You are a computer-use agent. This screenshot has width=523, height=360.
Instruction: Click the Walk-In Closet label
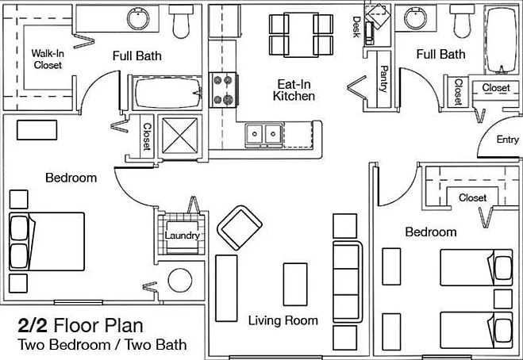tap(48, 59)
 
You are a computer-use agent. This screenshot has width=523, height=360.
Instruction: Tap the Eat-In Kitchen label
tap(294, 90)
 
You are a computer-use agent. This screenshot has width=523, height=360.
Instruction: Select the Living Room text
tap(283, 320)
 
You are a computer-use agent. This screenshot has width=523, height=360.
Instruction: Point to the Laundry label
tap(182, 236)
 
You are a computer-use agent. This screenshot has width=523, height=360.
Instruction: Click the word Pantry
tap(384, 79)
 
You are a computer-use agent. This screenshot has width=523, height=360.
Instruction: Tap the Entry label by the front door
tap(508, 140)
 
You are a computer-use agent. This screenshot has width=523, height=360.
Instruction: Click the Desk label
tap(356, 27)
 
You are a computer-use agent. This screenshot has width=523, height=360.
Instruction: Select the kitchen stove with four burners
tap(223, 90)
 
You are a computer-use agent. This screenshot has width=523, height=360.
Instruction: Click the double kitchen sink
tap(263, 134)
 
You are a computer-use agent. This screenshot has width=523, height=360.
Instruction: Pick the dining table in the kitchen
tap(302, 35)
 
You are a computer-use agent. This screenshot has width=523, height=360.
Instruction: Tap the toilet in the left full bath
tap(181, 21)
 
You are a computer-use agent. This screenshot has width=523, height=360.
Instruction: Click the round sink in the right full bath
tap(415, 18)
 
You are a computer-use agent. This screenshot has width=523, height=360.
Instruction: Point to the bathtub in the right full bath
tap(501, 40)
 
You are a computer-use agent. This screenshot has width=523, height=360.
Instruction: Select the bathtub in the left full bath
tap(167, 93)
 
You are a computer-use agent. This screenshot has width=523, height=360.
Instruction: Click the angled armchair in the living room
tap(240, 228)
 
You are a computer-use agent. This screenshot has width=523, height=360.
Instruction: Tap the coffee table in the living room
tap(295, 285)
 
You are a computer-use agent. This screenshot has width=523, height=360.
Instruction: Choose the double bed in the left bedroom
tap(47, 241)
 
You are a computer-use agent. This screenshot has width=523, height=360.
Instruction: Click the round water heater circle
tap(180, 281)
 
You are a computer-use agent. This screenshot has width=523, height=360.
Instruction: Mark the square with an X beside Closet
tap(180, 136)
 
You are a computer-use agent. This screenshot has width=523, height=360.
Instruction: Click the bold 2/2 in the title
tap(33, 326)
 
